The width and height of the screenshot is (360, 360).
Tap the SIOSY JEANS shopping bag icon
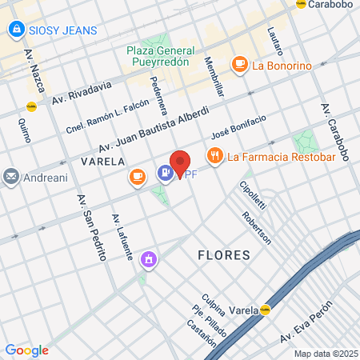(15, 30)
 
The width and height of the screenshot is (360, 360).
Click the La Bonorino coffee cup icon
(238, 64)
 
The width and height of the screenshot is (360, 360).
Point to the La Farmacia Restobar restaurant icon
(214, 155)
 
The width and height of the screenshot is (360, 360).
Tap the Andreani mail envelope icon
(11, 175)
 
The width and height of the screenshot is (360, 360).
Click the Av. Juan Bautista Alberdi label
(154, 128)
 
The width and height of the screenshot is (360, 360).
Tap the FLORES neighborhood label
(224, 255)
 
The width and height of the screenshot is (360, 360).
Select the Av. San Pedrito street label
(92, 227)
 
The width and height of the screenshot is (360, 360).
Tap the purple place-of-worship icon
(148, 259)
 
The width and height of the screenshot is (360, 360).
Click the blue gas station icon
(166, 172)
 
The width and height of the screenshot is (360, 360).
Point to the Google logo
(26, 350)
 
